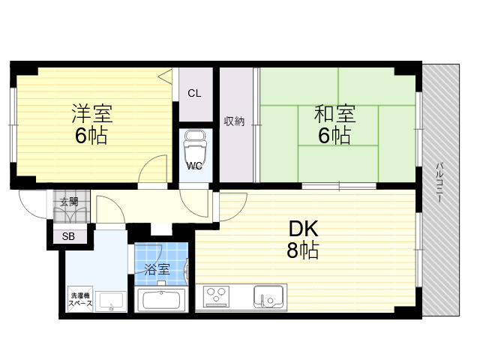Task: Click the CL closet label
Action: tap(194, 93)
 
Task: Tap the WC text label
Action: tap(194, 166)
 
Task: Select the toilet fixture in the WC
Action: tap(194, 146)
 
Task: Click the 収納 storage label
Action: tap(234, 121)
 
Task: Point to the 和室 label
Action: tap(334, 113)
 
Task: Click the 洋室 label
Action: tap(91, 113)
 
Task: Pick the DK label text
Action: tap(304, 229)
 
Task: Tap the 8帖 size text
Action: tap(303, 250)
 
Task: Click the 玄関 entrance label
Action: tap(69, 202)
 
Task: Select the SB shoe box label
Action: tap(68, 236)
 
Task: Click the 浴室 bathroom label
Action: tap(157, 270)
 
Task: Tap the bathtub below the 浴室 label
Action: tap(160, 300)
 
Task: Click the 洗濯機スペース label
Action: tap(80, 300)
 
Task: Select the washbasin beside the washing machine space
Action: tap(111, 301)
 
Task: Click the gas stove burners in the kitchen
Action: tap(216, 296)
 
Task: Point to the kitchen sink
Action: tap(268, 297)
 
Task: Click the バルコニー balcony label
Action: tap(440, 182)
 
